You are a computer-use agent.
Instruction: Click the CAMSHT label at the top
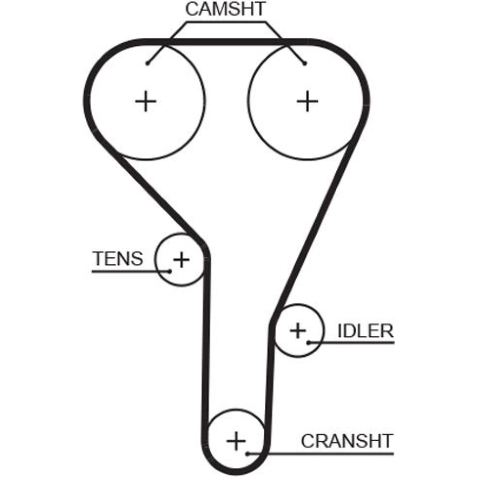pyautogui.click(x=226, y=9)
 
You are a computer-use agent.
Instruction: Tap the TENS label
pyautogui.click(x=117, y=259)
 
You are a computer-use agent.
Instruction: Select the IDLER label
pyautogui.click(x=365, y=331)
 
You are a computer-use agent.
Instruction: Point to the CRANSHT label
pyautogui.click(x=347, y=441)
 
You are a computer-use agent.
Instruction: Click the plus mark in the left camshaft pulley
pyautogui.click(x=145, y=101)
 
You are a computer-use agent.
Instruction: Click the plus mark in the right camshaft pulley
pyautogui.click(x=307, y=101)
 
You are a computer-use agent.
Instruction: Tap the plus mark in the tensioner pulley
pyautogui.click(x=181, y=260)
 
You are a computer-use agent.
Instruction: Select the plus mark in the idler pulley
pyautogui.click(x=298, y=331)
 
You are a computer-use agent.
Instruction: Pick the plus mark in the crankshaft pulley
pyautogui.click(x=236, y=441)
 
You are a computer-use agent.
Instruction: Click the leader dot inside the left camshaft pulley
pyautogui.click(x=147, y=63)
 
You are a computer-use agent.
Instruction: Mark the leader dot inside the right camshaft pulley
pyautogui.click(x=305, y=63)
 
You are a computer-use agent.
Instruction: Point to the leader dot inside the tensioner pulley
pyautogui.click(x=170, y=271)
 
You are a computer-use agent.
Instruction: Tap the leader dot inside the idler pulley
pyautogui.click(x=308, y=342)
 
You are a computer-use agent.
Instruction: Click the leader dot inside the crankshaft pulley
pyautogui.click(x=248, y=454)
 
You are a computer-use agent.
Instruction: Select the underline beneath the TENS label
pyautogui.click(x=131, y=271)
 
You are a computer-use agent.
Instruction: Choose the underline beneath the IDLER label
pyautogui.click(x=351, y=342)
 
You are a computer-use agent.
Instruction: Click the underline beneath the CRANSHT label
pyautogui.click(x=321, y=454)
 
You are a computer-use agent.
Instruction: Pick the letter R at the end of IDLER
pyautogui.click(x=387, y=331)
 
